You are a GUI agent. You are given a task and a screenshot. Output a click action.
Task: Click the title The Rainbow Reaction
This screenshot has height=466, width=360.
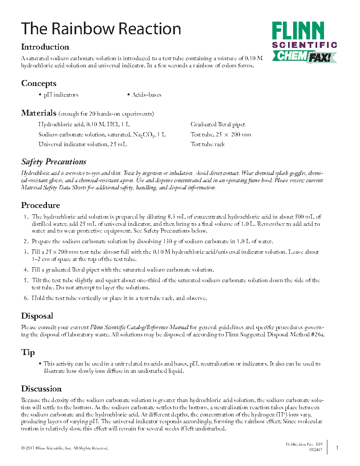tap(101, 29)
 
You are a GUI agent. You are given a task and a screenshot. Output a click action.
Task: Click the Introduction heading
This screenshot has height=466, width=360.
tap(45, 47)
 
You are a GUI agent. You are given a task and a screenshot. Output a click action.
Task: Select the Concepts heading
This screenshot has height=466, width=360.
tap(39, 83)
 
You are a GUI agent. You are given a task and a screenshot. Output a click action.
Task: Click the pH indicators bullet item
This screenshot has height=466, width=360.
tap(61, 95)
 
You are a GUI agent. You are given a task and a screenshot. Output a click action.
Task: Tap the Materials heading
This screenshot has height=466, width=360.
tap(39, 113)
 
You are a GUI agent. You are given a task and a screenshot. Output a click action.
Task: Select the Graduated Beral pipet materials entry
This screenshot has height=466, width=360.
tap(218, 125)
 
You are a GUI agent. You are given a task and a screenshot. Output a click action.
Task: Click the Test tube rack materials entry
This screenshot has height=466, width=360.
tap(208, 144)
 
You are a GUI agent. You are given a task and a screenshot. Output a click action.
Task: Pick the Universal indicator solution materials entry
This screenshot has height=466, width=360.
tap(83, 144)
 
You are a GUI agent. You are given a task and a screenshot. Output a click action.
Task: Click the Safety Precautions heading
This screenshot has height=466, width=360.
tap(54, 162)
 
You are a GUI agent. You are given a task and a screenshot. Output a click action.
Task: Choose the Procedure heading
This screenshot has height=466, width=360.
tap(41, 205)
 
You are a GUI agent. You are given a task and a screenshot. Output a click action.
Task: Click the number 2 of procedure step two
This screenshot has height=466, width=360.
tap(26, 241)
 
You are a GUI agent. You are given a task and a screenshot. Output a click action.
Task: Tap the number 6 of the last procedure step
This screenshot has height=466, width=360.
tap(26, 298)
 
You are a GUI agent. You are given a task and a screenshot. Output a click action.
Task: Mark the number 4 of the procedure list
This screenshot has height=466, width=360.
tap(26, 270)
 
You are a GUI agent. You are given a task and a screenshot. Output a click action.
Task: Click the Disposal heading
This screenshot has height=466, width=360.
tap(37, 316)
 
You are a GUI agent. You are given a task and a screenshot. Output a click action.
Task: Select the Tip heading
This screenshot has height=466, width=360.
tap(28, 352)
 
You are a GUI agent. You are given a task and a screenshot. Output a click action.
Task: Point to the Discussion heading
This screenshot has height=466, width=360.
tap(42, 389)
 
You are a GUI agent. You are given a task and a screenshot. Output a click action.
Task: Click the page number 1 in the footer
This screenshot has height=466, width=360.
tap(337, 447)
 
